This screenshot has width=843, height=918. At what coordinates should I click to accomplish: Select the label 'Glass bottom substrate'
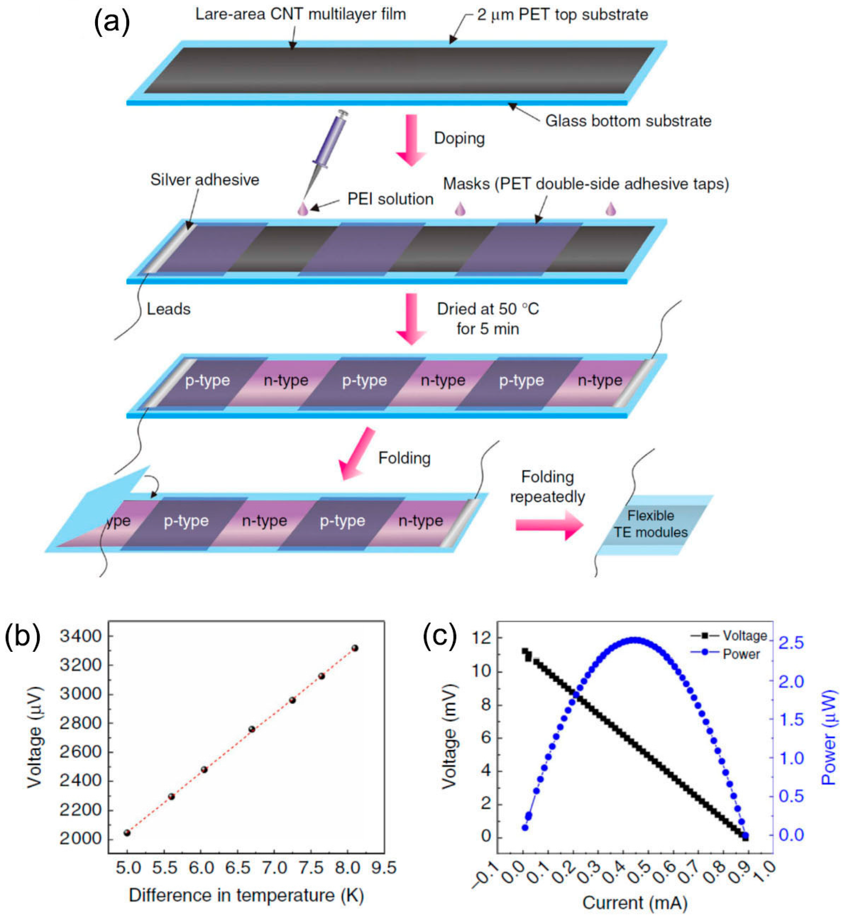click(628, 121)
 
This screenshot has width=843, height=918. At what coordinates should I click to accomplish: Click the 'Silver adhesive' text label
click(205, 180)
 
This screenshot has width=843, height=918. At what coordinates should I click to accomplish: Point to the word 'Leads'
click(168, 309)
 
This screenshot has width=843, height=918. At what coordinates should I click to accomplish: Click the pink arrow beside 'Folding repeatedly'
click(549, 525)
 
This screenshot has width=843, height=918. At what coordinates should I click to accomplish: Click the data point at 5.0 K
click(127, 833)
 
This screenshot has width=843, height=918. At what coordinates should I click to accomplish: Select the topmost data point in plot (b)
click(355, 648)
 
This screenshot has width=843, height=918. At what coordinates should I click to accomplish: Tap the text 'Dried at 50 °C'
click(488, 309)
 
